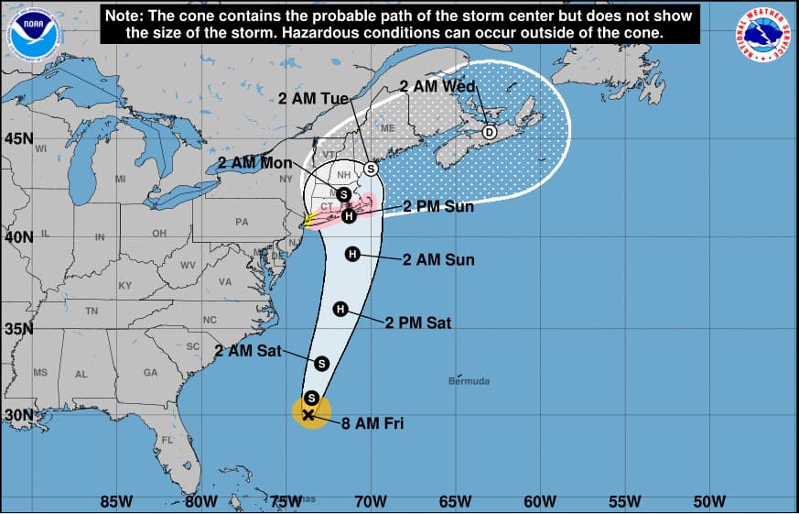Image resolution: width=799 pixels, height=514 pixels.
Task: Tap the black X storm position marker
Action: tap(308, 414)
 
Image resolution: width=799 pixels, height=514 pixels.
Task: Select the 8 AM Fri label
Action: tap(373, 423)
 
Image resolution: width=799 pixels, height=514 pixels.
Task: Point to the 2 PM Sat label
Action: tap(417, 323)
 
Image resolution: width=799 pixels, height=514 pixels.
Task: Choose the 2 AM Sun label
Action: tap(438, 259)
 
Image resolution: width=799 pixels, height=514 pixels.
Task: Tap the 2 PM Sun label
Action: tap(438, 206)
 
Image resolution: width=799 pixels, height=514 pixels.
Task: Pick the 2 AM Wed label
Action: tap(437, 86)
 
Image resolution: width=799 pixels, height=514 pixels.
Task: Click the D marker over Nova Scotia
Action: tap(490, 132)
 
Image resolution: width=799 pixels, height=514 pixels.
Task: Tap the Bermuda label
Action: tap(469, 380)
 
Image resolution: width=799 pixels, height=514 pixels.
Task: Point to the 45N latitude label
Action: tap(18, 138)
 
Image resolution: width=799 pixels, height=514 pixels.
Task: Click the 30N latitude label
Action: tap(18, 414)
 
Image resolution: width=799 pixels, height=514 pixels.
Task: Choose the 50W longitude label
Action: tap(709, 501)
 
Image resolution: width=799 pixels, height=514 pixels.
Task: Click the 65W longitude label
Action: tap(456, 501)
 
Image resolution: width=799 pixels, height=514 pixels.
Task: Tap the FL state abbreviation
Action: tap(167, 440)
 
